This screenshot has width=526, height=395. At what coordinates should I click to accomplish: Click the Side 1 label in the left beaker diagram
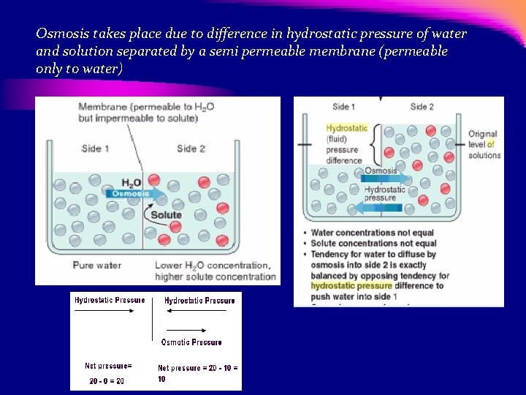pos(95,148)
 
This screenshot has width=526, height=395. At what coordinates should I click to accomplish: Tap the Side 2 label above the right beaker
pos(422,107)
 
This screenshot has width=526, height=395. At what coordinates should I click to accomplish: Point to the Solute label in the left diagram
pos(167,215)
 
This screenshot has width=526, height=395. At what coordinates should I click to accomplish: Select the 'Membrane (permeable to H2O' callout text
pos(146,108)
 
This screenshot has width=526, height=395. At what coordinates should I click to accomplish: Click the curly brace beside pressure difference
pos(376,144)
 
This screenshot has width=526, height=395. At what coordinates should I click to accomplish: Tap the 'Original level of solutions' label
pos(484,144)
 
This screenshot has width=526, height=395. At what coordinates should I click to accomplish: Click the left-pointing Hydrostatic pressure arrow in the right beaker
pos(381,208)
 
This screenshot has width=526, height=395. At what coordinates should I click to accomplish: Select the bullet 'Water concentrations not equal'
pos(373,233)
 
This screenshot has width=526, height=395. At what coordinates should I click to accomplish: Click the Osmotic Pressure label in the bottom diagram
pos(191,342)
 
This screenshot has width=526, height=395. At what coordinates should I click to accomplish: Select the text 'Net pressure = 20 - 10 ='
pos(198,367)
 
